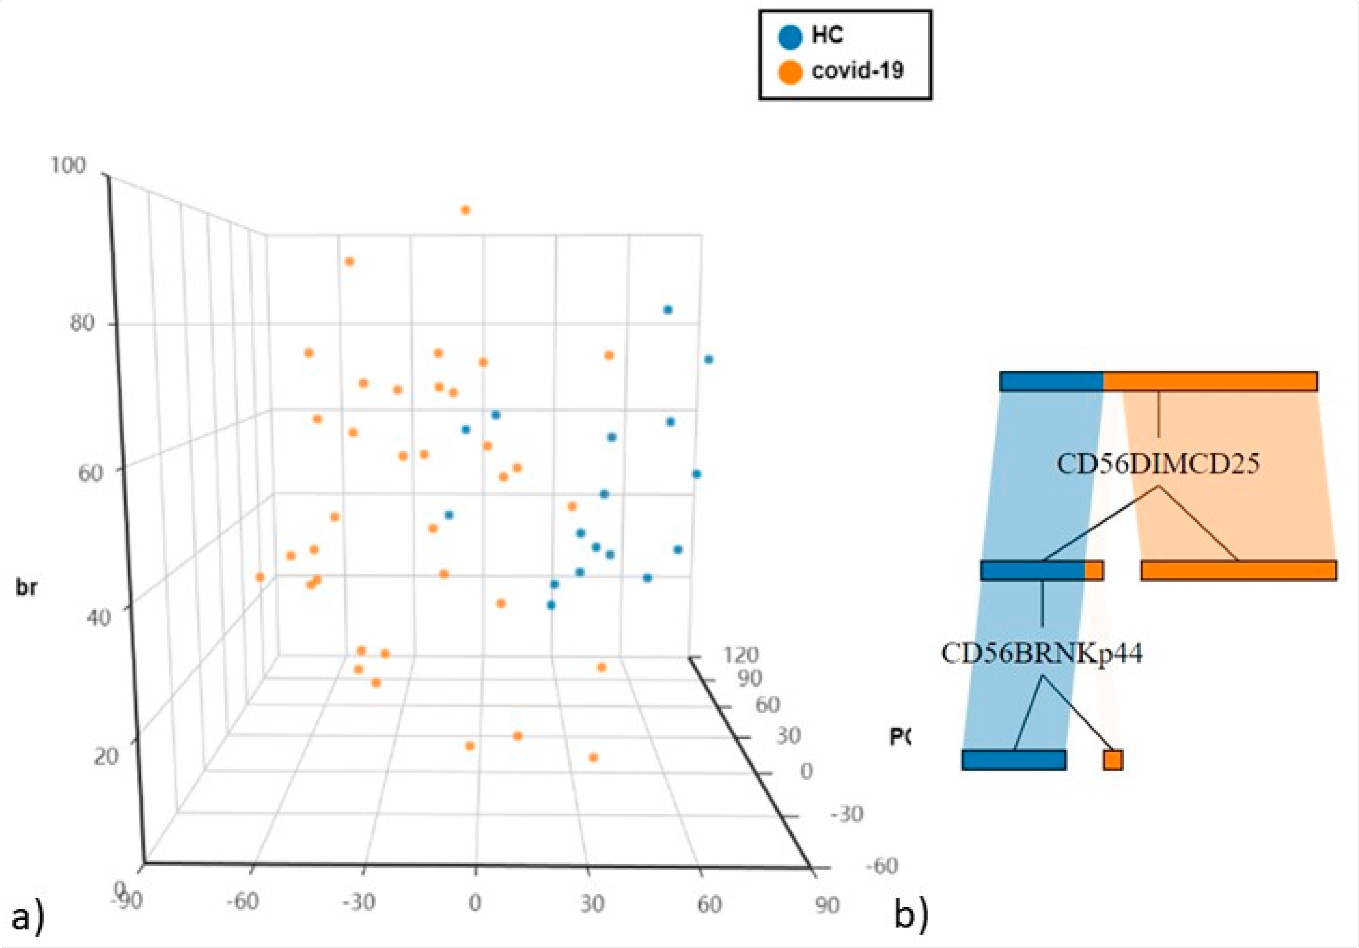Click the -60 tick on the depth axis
[x=881, y=866]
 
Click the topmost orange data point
[x=465, y=210]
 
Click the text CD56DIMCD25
[x=1158, y=463]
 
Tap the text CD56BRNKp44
[x=1042, y=654]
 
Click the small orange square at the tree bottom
[x=1113, y=760]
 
